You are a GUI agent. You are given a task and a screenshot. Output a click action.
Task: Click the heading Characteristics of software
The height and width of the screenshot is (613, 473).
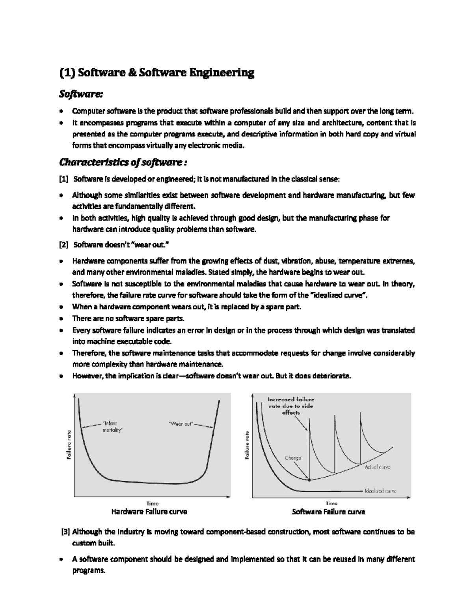click(122, 163)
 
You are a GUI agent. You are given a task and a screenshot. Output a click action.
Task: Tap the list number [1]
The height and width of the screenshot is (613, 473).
click(63, 180)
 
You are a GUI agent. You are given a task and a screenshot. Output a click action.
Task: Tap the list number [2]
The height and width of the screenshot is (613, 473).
click(63, 245)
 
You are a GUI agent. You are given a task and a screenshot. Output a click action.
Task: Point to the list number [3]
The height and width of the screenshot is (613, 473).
click(65, 532)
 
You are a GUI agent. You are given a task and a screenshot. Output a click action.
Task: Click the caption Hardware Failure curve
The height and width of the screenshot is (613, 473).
click(149, 512)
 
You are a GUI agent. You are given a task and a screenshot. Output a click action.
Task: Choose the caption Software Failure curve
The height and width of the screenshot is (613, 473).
click(328, 512)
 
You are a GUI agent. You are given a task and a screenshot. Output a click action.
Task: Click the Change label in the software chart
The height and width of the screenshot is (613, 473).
click(292, 458)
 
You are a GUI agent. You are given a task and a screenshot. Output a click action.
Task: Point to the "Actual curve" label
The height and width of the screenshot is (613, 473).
click(377, 467)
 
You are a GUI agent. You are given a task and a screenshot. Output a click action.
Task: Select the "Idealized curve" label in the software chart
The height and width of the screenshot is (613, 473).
click(380, 491)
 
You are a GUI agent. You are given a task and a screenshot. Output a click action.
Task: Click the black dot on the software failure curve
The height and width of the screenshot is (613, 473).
click(309, 480)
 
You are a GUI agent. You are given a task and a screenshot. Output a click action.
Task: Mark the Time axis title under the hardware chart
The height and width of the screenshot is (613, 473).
click(152, 503)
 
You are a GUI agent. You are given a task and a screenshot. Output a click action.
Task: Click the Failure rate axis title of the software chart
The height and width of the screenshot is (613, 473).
click(248, 445)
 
